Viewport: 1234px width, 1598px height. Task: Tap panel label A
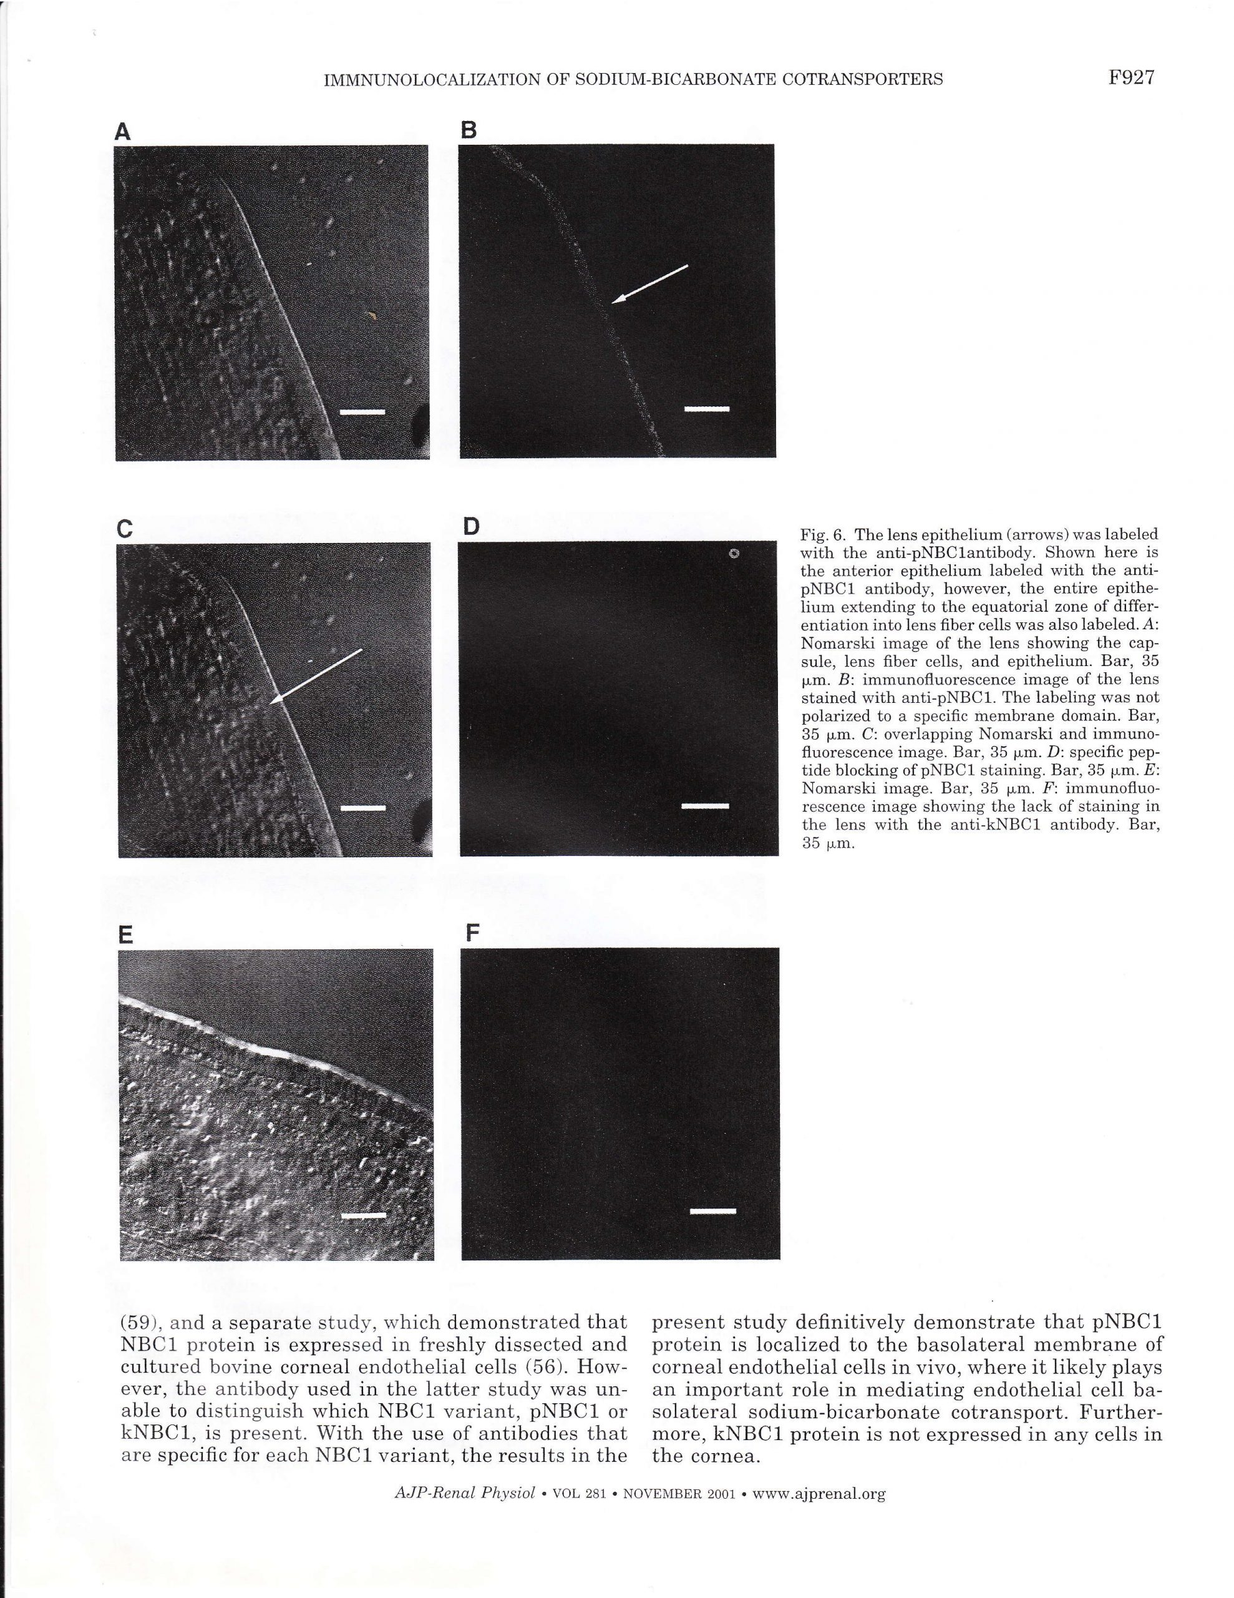pos(123,132)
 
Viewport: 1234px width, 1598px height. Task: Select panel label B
pos(469,130)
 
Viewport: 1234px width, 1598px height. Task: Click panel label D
pos(471,526)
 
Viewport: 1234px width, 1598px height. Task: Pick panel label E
pos(126,935)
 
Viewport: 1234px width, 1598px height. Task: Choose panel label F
pos(472,933)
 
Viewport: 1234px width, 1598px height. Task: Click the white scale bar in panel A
pos(363,412)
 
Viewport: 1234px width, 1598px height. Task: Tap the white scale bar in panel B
pos(707,409)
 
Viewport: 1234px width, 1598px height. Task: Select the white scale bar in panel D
pos(705,806)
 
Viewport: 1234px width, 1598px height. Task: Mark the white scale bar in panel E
pos(364,1215)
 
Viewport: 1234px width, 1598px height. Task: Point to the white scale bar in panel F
pos(712,1212)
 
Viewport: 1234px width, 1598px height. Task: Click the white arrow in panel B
pos(649,283)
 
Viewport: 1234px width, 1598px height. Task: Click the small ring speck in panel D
pos(735,554)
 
